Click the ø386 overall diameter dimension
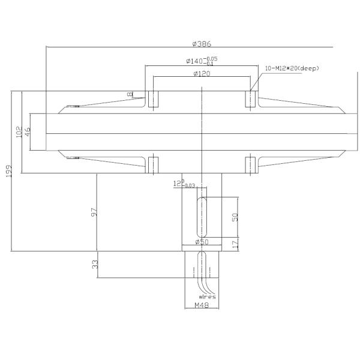(202, 44)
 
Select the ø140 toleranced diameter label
(201, 61)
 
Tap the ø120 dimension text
(201, 73)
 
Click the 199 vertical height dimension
(9, 172)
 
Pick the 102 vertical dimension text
(19, 132)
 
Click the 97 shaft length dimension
(94, 212)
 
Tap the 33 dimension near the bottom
(94, 265)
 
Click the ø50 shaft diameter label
(201, 242)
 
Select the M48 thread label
(202, 305)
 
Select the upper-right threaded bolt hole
(250, 99)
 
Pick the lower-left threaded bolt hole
(153, 164)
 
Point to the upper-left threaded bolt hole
(153, 99)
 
